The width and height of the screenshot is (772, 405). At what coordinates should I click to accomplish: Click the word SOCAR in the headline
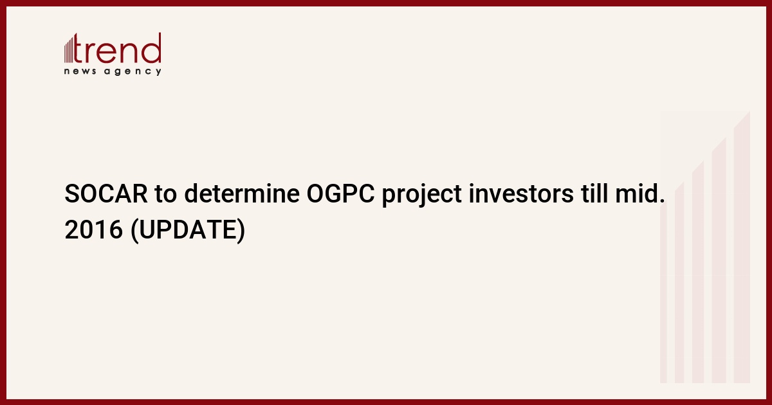[x=106, y=194]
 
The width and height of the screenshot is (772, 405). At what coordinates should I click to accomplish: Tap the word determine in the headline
[x=242, y=194]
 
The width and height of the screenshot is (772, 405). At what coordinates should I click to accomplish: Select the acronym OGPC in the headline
[x=340, y=194]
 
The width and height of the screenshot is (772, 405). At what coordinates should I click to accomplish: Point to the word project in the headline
[x=421, y=195]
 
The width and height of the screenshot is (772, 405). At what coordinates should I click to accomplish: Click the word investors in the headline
[x=521, y=194]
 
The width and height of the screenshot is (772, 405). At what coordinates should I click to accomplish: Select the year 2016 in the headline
[x=94, y=230]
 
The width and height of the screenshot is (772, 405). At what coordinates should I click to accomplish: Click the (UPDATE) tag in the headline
[x=188, y=230]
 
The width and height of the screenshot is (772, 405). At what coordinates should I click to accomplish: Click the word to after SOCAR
[x=166, y=194]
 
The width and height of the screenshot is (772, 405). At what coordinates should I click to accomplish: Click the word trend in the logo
[x=117, y=48]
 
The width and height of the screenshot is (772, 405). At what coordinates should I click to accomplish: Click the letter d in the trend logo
[x=151, y=48]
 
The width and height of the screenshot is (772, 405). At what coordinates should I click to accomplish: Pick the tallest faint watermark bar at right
[x=742, y=248]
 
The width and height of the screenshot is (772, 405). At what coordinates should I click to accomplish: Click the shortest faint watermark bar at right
[x=663, y=292]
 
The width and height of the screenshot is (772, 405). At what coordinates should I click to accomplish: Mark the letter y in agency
[x=158, y=72]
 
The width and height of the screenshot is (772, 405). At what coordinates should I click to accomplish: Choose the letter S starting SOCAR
[x=71, y=194]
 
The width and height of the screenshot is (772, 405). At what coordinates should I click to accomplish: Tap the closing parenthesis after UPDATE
[x=241, y=230]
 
